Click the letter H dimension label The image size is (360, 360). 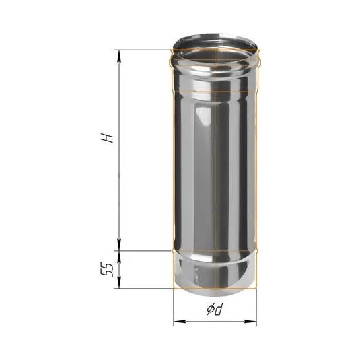(x=108, y=138)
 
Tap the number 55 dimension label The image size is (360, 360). (x=107, y=270)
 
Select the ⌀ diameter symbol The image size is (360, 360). (x=210, y=310)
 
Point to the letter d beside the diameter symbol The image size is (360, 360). (x=218, y=310)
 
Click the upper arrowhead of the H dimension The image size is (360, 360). (x=119, y=56)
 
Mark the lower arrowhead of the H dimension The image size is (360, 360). (x=119, y=245)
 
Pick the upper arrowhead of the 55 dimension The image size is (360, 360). (x=119, y=256)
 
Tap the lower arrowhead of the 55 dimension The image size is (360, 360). (x=119, y=282)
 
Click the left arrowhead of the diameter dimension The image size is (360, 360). (x=180, y=322)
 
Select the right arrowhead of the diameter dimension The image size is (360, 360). (x=250, y=322)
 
